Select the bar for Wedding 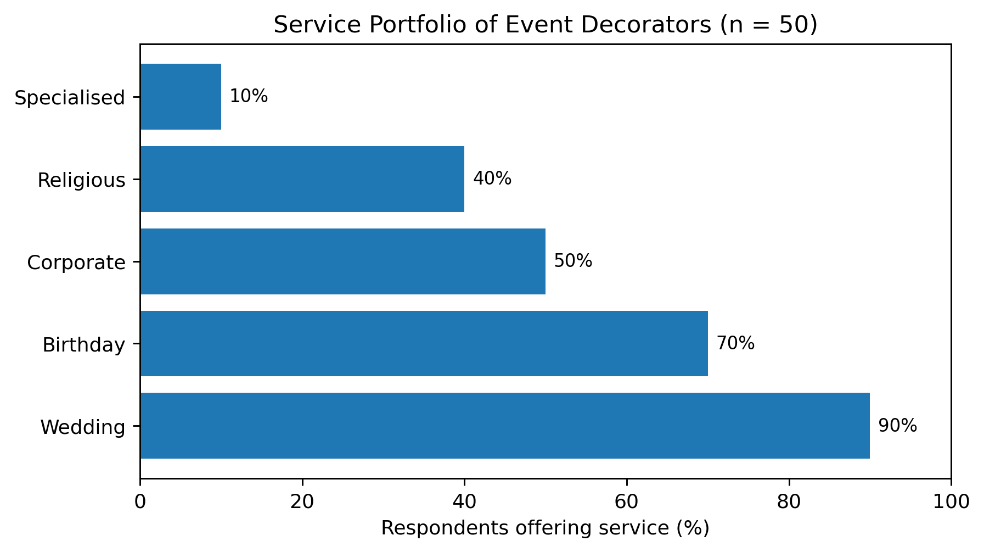click(x=505, y=426)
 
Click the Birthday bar click(x=424, y=343)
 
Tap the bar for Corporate click(x=343, y=261)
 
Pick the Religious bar click(x=302, y=179)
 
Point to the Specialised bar click(x=181, y=97)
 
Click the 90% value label click(x=898, y=426)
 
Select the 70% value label click(x=735, y=343)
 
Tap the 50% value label click(x=573, y=261)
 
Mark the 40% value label click(x=492, y=179)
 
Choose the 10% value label click(x=249, y=96)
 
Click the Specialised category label click(x=70, y=98)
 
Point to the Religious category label click(x=81, y=180)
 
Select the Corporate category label click(x=76, y=263)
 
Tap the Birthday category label click(x=84, y=345)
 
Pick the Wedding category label click(x=83, y=427)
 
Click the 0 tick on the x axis click(x=140, y=501)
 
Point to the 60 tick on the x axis click(x=627, y=501)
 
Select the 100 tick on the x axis click(x=951, y=501)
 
